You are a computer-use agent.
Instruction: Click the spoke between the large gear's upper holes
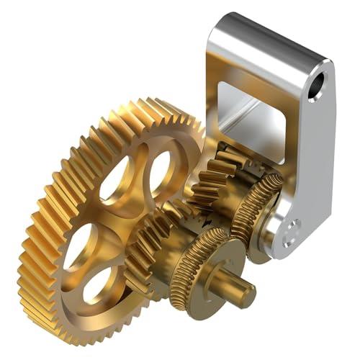(140, 169)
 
